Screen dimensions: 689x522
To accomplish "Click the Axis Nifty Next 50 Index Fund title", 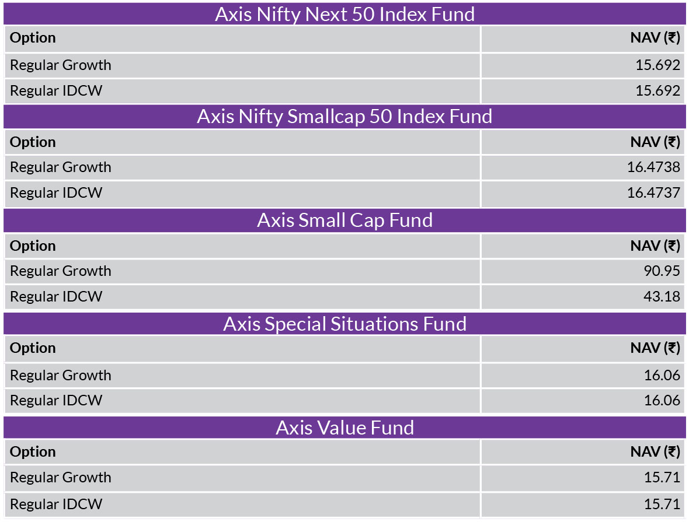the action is tap(344, 15).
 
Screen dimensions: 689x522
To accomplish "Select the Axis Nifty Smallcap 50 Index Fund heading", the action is tap(344, 116).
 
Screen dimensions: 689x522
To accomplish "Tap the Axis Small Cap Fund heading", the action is tap(344, 220).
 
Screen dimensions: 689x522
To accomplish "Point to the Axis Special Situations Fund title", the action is tap(344, 324).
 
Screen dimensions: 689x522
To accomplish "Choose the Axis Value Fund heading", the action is tap(344, 428).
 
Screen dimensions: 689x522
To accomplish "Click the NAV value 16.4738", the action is tap(653, 167).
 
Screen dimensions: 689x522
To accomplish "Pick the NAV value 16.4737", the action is tap(653, 192).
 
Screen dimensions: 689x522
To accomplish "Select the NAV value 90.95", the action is tap(662, 271).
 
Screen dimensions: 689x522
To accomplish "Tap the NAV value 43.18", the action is tap(662, 296).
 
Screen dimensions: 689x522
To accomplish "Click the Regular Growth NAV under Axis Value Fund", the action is tap(662, 477).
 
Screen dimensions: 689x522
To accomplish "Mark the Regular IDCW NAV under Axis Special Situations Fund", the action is tap(662, 400).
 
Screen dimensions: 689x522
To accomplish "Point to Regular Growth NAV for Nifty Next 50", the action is tap(658, 65).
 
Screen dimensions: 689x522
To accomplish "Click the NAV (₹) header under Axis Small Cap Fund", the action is tap(655, 246).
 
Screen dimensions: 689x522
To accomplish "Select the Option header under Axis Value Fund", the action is tap(33, 452).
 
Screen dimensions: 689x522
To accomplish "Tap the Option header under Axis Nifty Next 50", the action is tap(33, 38).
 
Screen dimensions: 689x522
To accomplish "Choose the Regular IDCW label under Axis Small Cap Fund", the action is tap(56, 296).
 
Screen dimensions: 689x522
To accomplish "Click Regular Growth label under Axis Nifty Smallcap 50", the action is tap(61, 167).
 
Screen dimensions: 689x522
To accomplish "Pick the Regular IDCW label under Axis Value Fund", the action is tap(56, 504).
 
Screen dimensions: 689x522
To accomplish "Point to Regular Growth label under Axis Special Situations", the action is tap(61, 376).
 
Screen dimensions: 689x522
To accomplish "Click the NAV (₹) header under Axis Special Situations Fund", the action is tap(655, 348).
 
